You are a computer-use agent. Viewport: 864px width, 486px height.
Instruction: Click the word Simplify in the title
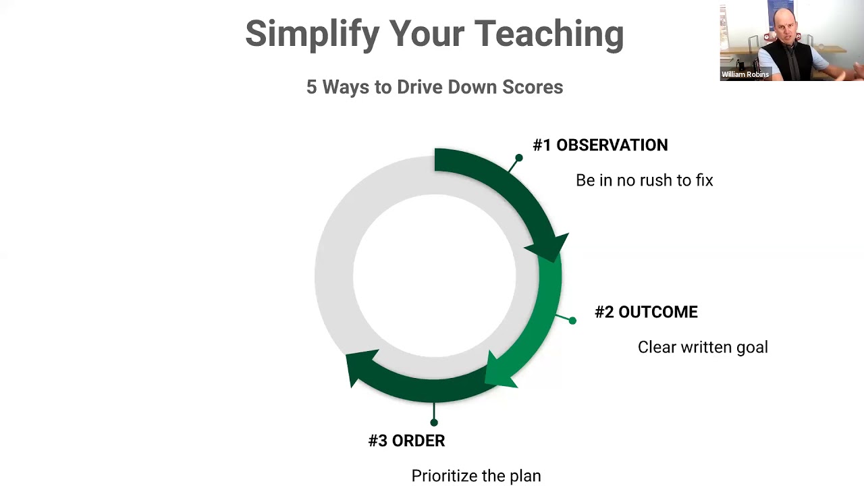[313, 34]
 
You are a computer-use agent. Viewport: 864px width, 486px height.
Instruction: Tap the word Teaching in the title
[549, 34]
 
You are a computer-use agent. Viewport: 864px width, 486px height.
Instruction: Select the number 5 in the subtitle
[312, 87]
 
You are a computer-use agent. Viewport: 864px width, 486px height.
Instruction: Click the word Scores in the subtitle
[533, 87]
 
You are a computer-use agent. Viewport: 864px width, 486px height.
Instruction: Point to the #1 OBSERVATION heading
[600, 145]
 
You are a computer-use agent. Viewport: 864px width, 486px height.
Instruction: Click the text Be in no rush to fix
[645, 180]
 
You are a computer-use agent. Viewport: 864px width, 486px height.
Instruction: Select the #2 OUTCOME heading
[647, 312]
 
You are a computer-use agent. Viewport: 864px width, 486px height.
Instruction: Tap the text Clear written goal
[703, 347]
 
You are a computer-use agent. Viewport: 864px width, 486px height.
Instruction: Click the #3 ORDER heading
[407, 441]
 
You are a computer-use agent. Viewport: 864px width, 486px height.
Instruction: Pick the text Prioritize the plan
[477, 476]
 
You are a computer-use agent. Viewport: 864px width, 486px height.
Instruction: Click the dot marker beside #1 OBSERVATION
[519, 158]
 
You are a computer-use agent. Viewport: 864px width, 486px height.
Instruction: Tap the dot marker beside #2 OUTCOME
[572, 321]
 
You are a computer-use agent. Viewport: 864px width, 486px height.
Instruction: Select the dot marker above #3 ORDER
[434, 423]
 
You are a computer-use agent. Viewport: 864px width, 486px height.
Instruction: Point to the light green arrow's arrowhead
[497, 371]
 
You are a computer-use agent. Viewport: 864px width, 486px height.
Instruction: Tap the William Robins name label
[745, 74]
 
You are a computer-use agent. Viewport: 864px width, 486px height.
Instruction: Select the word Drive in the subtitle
[420, 87]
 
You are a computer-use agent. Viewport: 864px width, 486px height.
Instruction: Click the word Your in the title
[427, 34]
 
